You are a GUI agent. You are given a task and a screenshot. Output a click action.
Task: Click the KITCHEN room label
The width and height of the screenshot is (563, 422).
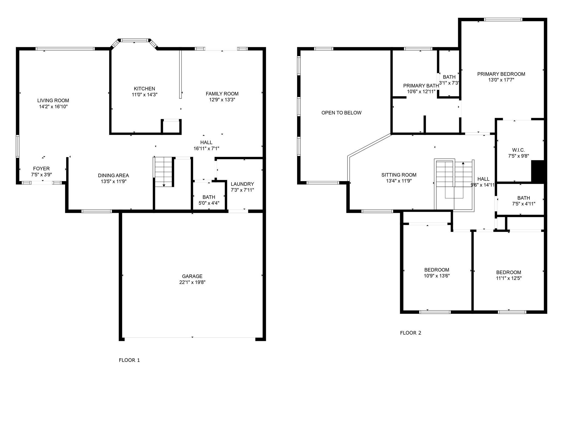coord(144,89)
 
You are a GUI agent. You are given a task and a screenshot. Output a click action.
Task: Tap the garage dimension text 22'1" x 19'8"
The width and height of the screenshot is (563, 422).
coord(192,282)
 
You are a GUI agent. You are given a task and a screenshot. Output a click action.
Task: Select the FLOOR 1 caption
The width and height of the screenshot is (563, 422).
coord(129,360)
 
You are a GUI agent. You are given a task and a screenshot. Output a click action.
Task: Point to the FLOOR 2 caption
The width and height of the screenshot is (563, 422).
coord(410,333)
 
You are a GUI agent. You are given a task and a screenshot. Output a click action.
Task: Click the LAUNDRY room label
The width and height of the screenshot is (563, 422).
coord(242,184)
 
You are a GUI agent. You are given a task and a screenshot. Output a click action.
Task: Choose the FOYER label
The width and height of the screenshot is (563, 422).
coord(42,169)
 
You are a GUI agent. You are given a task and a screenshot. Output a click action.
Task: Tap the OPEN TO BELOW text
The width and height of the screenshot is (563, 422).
coord(341,113)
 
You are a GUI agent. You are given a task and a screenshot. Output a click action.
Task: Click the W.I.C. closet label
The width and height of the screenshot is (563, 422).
coord(518,150)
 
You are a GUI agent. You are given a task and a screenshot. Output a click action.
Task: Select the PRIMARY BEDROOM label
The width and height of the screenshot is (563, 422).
coord(501,74)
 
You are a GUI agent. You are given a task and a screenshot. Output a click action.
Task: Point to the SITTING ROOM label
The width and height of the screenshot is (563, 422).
coord(399,175)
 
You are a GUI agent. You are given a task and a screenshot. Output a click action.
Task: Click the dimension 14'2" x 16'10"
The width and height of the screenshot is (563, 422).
coord(53,107)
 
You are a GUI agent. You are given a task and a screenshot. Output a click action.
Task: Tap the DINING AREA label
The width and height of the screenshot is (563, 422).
coord(113,175)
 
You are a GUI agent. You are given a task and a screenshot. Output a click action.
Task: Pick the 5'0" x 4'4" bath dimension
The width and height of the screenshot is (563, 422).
coord(209,203)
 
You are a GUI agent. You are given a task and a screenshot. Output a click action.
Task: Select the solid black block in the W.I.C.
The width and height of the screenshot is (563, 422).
coord(537,171)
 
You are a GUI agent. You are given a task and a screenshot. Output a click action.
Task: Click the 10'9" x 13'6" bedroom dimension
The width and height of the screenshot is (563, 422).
coord(437,276)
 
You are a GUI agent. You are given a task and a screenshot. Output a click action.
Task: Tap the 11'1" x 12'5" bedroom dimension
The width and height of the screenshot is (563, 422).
coord(509,278)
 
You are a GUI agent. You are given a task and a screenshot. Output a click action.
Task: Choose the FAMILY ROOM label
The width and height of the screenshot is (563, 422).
coord(222,94)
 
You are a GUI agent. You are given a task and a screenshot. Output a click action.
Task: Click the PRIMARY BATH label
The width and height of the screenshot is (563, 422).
coord(421,86)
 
